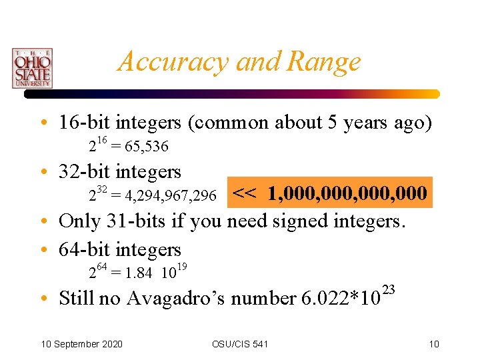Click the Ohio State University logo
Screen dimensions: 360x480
(31, 68)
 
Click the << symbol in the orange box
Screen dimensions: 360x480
(245, 193)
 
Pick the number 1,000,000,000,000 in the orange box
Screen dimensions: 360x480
(347, 193)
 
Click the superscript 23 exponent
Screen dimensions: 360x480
(390, 289)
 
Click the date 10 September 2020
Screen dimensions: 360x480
(81, 344)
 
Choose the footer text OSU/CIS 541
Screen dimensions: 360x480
(240, 344)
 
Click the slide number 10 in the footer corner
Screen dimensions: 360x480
(433, 344)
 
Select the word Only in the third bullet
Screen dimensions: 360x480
(77, 221)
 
